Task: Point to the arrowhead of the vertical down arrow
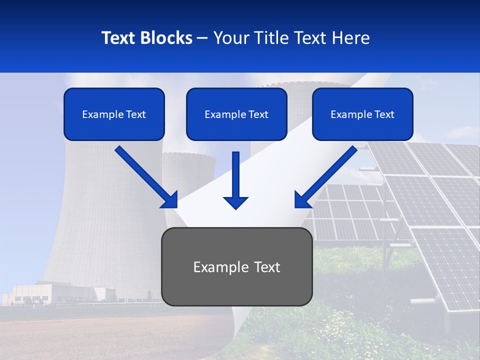pos(235,202)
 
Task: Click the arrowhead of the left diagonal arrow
pos(170,200)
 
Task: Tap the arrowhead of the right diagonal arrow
pos(302,200)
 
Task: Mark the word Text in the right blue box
pos(384,114)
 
